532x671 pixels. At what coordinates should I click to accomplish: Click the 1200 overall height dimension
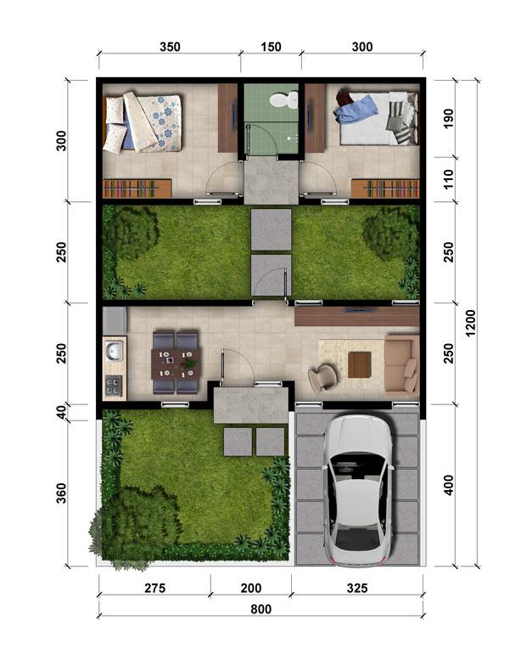[470, 323]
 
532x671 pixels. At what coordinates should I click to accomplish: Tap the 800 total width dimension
[260, 609]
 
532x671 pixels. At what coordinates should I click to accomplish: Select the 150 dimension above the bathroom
[272, 47]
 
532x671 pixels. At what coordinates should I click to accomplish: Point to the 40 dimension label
[62, 412]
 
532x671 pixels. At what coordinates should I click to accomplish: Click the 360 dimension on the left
[62, 493]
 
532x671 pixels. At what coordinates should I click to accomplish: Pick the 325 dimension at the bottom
[357, 588]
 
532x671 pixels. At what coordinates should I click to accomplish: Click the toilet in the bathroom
[284, 99]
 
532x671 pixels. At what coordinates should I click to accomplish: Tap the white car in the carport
[357, 490]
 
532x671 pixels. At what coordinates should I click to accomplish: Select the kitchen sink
[114, 351]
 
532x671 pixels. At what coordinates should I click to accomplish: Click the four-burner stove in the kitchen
[114, 385]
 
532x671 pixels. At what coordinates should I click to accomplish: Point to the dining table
[176, 364]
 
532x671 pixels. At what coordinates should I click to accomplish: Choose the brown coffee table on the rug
[359, 364]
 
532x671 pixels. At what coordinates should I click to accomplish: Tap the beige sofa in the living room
[401, 364]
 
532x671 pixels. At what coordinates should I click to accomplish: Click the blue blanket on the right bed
[356, 110]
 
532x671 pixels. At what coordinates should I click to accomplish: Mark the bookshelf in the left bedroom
[137, 189]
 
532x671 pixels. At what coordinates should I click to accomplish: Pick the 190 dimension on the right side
[448, 117]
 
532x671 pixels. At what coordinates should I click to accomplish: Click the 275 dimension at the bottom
[154, 588]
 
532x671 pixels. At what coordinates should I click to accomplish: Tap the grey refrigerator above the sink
[115, 321]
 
